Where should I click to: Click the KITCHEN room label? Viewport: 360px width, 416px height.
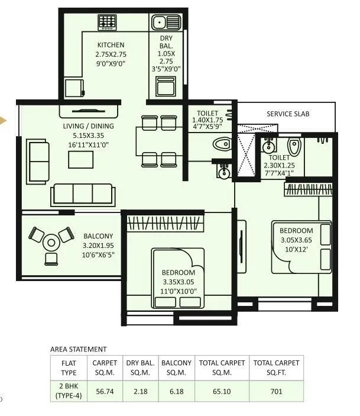point(111,45)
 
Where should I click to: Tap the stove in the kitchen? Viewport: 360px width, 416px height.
point(107,22)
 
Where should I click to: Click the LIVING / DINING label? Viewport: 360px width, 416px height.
point(89,126)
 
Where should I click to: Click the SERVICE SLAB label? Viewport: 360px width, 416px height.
point(288,114)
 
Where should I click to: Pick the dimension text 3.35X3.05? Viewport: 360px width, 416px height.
point(182,282)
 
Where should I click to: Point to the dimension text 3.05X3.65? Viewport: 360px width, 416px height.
point(296,240)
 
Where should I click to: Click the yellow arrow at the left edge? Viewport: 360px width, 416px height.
point(4,121)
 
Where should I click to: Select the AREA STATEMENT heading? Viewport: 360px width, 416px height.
point(79,350)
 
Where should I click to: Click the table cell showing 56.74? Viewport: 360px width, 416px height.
point(105,391)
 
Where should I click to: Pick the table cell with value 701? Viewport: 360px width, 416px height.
point(276,391)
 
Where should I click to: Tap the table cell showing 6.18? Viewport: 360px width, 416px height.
point(177,391)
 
